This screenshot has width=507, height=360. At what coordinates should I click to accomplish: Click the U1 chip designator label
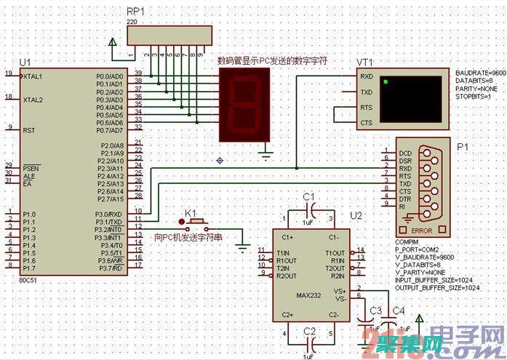coord(25,62)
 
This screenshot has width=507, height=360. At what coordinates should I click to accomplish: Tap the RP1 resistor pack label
coord(135,12)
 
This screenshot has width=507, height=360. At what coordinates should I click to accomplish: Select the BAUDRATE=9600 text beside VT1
coord(480,74)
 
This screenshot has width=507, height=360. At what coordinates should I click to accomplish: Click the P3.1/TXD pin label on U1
coord(111,221)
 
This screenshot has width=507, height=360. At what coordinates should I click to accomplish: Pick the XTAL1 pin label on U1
coord(33,76)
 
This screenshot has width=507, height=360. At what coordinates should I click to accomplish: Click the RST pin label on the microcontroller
coord(29,131)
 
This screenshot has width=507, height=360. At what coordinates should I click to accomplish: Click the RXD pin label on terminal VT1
coord(367,76)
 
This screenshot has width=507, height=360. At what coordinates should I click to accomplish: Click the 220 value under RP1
coord(132,23)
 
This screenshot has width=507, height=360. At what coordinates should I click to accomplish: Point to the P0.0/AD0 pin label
coord(110,76)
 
